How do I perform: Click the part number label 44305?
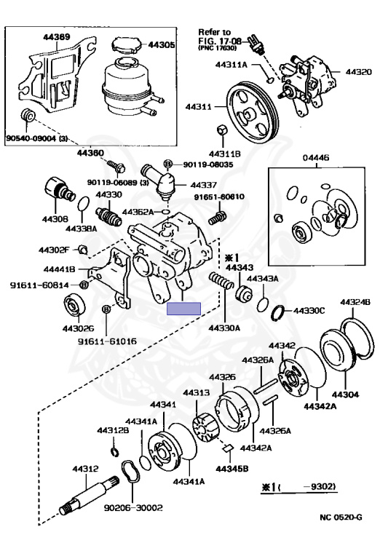[x=162, y=44]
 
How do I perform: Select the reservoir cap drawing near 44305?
[x=127, y=45]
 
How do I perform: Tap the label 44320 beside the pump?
[x=359, y=71]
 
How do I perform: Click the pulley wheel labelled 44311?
[x=251, y=111]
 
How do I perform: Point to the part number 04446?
[x=316, y=157]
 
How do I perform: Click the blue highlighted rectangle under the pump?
[x=184, y=309]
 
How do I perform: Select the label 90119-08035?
[x=208, y=164]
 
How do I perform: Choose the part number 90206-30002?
[x=133, y=507]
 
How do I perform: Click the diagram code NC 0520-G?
[x=341, y=517]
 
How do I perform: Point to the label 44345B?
[x=231, y=469]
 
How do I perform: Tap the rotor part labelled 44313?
[x=205, y=427]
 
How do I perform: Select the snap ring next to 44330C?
[x=278, y=313]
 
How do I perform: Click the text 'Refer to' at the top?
[x=214, y=33]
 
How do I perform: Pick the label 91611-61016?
[x=107, y=341]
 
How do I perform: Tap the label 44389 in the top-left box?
[x=57, y=36]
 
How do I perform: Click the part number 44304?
[x=346, y=395]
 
